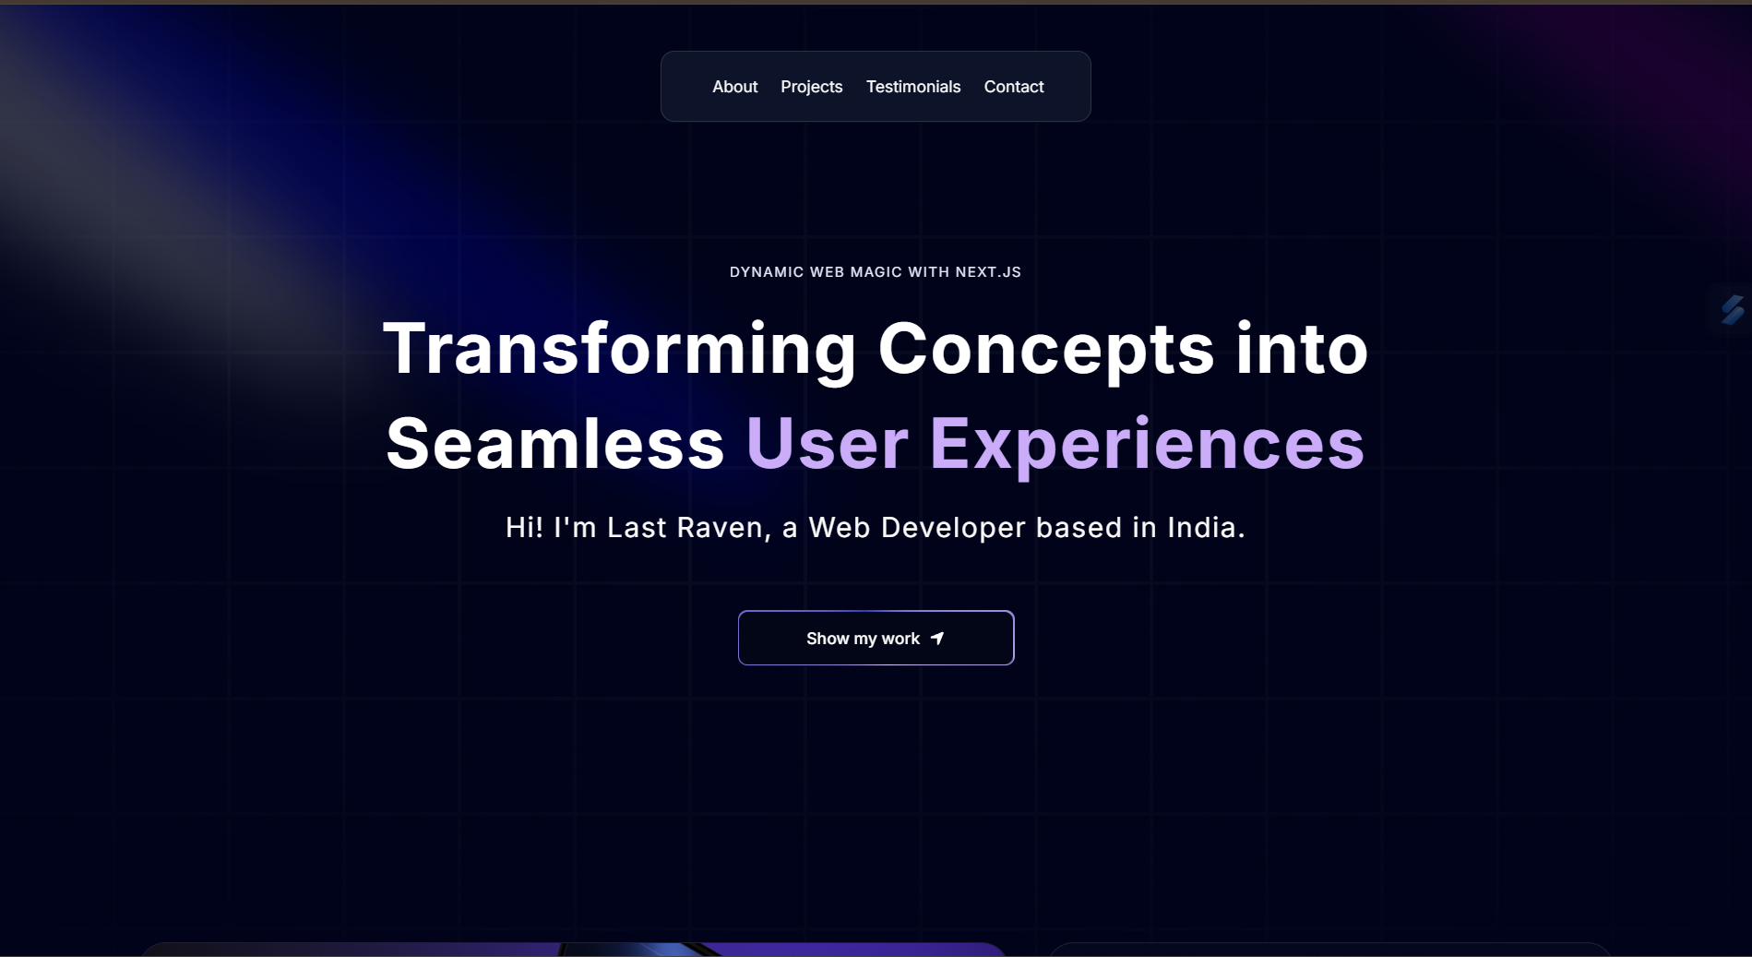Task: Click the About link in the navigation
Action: click(x=734, y=87)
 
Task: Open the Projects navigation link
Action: click(x=812, y=87)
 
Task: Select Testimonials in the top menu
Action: click(x=913, y=87)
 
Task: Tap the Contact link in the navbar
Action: click(x=1014, y=87)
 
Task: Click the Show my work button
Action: click(x=876, y=638)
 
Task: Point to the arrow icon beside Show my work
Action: click(x=937, y=639)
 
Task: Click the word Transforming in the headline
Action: click(x=620, y=349)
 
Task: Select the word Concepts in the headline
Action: click(x=1046, y=349)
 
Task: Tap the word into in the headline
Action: click(x=1302, y=349)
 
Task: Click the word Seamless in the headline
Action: click(x=555, y=444)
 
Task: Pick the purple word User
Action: click(x=828, y=444)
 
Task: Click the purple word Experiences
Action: click(x=1147, y=444)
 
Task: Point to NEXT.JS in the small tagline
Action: click(x=988, y=272)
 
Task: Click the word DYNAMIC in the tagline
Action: click(x=767, y=272)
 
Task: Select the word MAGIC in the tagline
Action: click(x=876, y=272)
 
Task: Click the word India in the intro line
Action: click(x=1206, y=528)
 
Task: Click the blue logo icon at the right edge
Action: click(x=1733, y=309)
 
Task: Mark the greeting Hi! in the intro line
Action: click(x=524, y=528)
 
